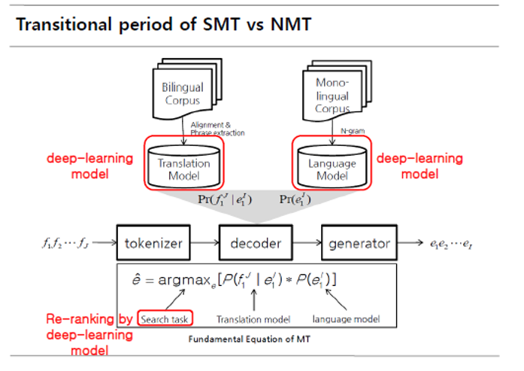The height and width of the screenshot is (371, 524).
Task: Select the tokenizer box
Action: [x=153, y=244]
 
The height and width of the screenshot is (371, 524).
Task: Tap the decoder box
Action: [x=256, y=244]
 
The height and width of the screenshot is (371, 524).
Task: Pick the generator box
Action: [x=359, y=244]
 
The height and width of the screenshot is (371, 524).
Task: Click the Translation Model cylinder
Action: [x=184, y=166]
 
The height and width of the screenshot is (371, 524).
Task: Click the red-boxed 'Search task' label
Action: [x=165, y=318]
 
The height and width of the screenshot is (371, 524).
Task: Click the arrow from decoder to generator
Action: [x=306, y=244]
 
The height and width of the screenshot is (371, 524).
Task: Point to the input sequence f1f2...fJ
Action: [x=67, y=244]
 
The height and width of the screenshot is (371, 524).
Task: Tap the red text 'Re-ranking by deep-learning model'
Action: [x=89, y=330]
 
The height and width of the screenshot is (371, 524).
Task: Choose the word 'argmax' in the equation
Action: [x=186, y=280]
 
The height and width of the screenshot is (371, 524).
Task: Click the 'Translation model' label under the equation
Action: [x=247, y=318]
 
